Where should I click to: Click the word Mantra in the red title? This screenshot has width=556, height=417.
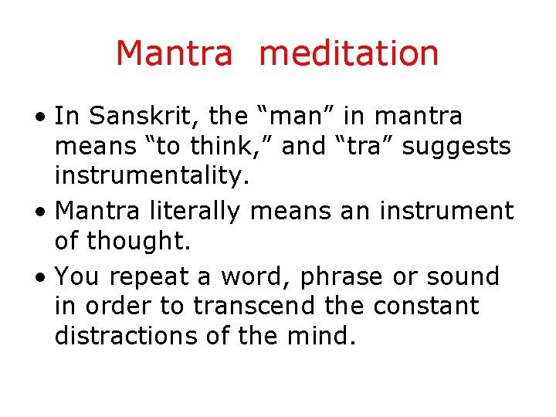coord(174,53)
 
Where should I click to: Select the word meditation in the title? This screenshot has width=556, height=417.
coord(349,53)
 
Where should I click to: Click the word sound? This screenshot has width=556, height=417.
coord(465,276)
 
